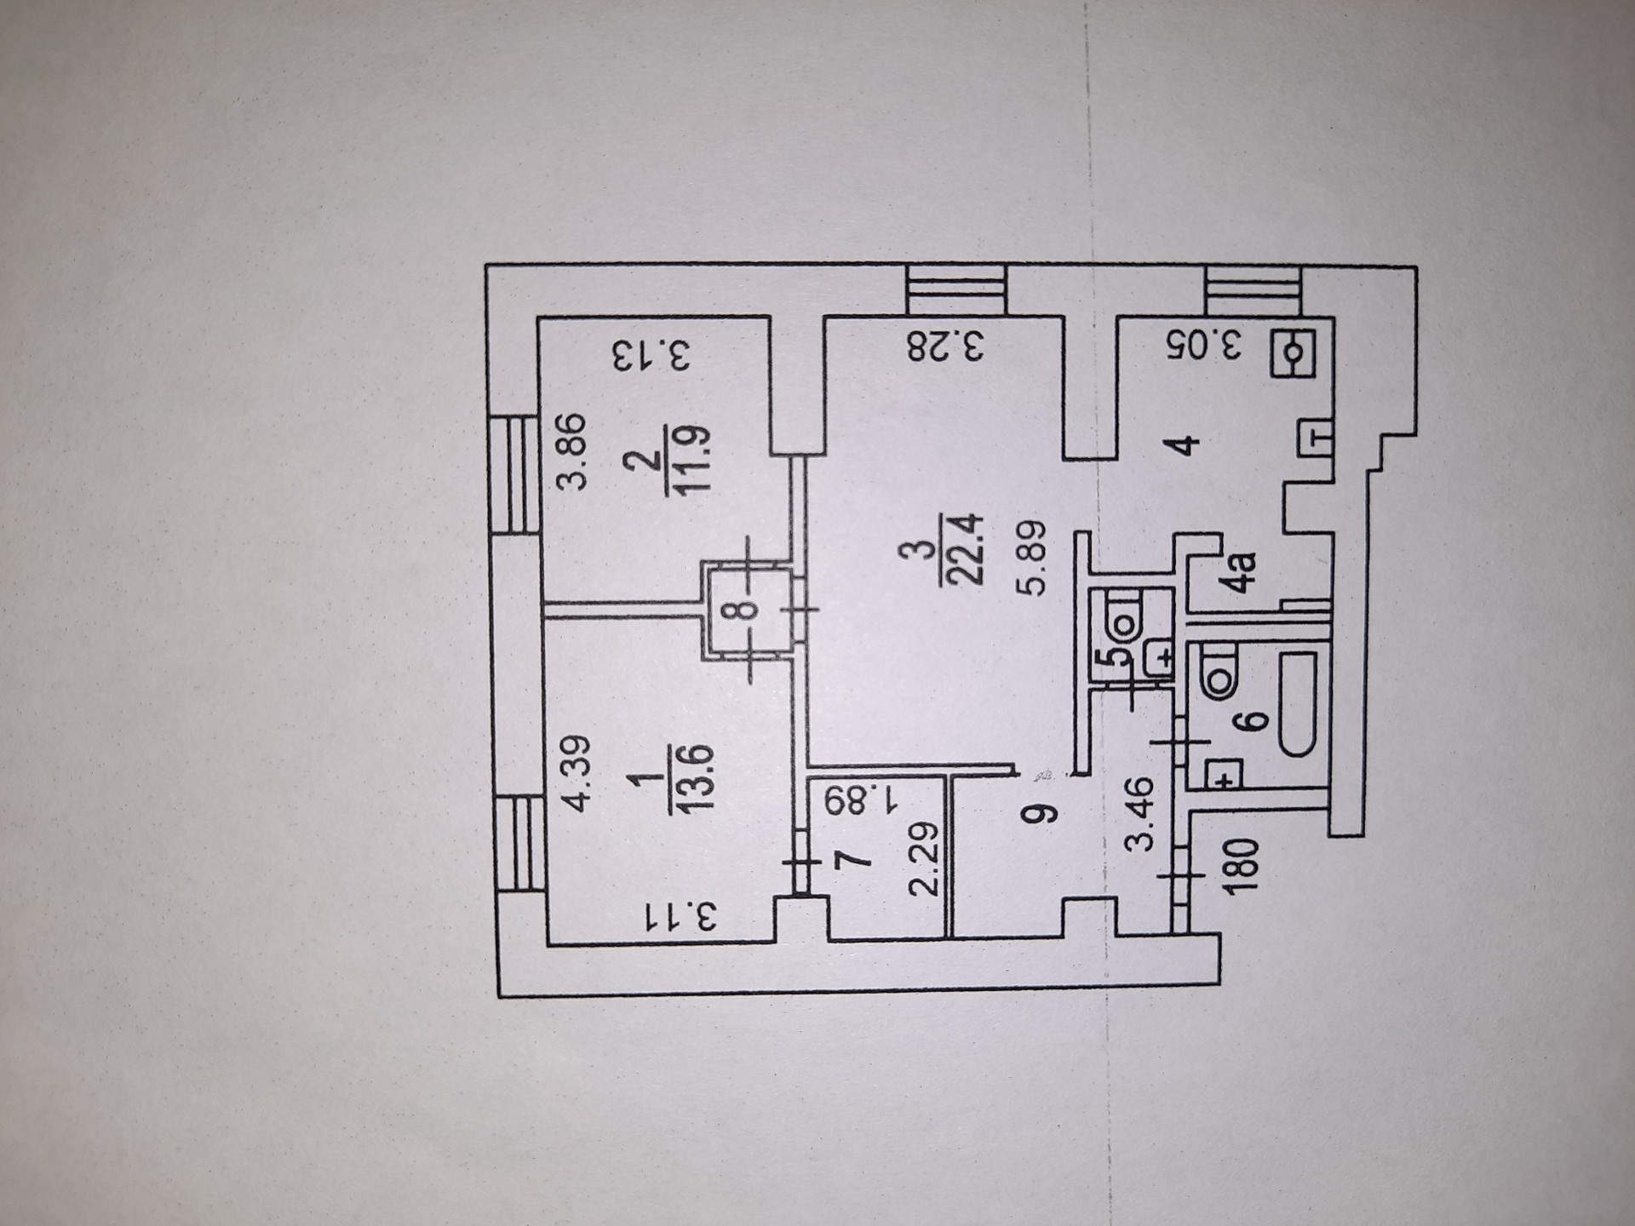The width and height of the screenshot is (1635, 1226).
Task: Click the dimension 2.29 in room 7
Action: pyautogui.click(x=923, y=859)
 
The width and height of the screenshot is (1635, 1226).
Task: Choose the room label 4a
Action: pyautogui.click(x=1244, y=572)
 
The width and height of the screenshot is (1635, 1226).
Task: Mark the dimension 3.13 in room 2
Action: pyautogui.click(x=651, y=356)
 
